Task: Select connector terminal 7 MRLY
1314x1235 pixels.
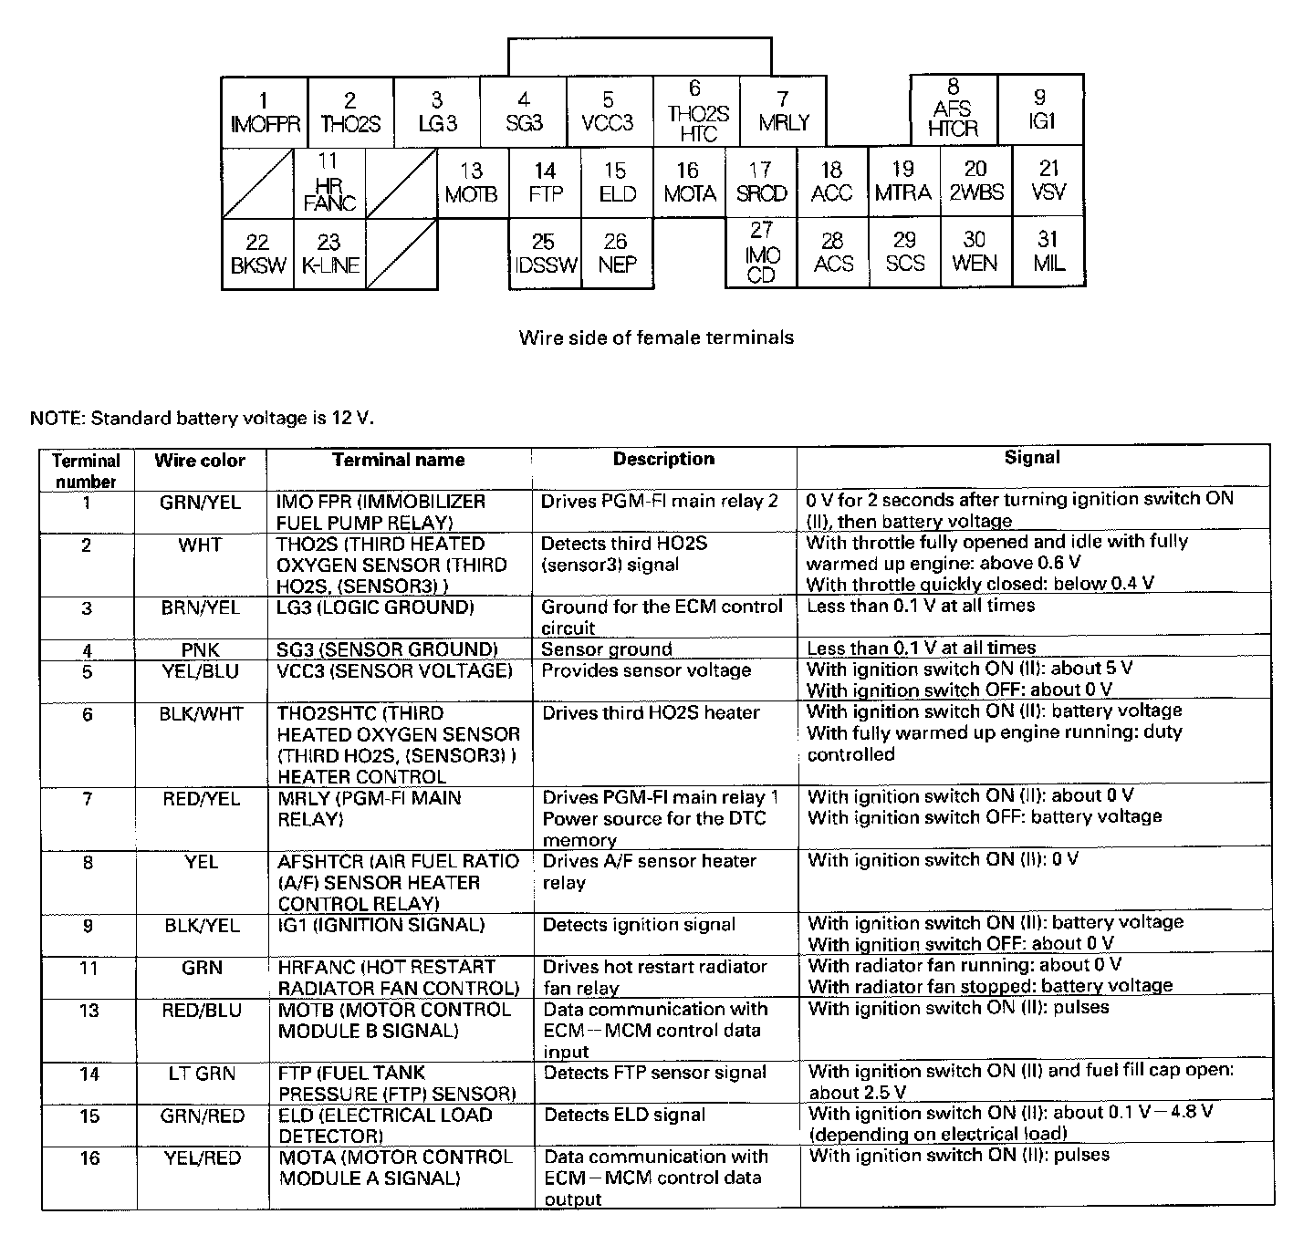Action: point(783,112)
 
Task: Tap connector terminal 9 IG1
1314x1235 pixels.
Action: point(1041,109)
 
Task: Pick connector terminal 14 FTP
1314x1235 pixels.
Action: point(545,182)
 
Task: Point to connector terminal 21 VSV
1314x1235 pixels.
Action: point(1048,181)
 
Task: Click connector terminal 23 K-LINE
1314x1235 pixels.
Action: point(329,254)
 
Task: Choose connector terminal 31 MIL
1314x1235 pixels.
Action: point(1048,252)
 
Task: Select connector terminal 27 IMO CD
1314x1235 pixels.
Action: point(761,253)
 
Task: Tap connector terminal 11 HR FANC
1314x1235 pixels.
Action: point(329,183)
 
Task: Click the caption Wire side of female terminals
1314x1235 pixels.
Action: point(656,337)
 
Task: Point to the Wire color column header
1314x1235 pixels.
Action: point(200,461)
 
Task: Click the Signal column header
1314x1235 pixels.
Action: point(1032,458)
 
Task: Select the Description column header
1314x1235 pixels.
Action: point(663,459)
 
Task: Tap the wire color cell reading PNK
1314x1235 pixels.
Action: point(200,650)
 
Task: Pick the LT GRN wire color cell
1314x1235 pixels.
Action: point(202,1074)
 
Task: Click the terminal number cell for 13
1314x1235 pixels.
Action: point(89,1011)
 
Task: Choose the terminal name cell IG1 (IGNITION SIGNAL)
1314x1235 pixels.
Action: point(381,925)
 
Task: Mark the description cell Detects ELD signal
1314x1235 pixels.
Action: point(625,1115)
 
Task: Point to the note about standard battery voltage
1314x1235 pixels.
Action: point(202,419)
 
